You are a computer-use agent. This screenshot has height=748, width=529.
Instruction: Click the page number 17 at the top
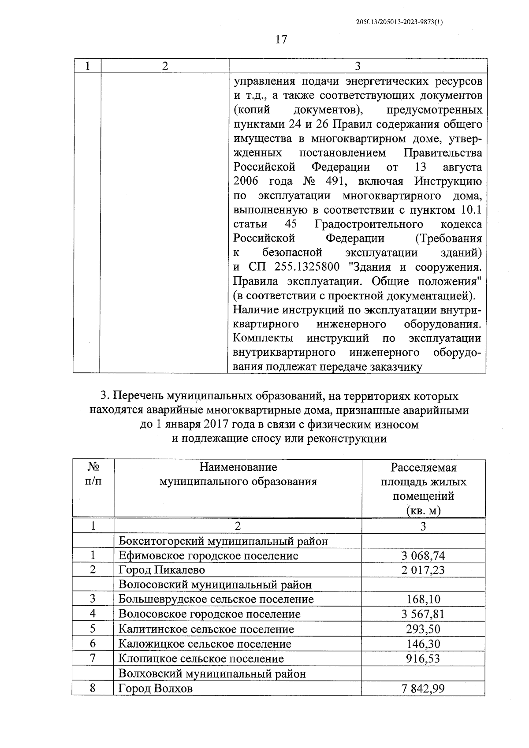tap(281, 40)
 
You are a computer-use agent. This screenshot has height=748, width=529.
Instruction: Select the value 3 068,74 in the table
tap(423, 555)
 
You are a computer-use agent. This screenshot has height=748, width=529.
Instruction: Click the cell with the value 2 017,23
tap(423, 570)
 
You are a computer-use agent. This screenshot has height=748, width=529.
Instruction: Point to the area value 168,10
tap(423, 599)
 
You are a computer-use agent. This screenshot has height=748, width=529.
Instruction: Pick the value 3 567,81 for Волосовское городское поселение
tap(423, 614)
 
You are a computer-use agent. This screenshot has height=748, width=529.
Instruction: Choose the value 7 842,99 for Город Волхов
tap(423, 688)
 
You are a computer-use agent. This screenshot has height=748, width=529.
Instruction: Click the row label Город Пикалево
tap(162, 570)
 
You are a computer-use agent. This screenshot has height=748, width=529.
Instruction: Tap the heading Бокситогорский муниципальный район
tap(224, 541)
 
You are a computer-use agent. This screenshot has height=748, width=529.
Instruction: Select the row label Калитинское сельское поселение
tap(206, 629)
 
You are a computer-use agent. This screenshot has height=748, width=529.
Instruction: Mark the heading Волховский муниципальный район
tap(212, 674)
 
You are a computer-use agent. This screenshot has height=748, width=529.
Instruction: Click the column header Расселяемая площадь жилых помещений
tap(423, 488)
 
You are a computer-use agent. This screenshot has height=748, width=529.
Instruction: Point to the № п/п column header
tap(93, 474)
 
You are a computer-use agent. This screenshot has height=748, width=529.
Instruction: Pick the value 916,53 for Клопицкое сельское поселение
tap(423, 659)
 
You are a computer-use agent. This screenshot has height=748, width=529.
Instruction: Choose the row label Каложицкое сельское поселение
tap(205, 644)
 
